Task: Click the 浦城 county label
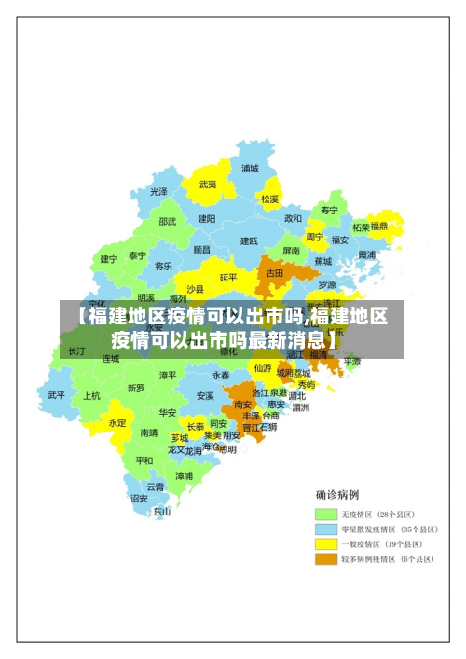(x=250, y=169)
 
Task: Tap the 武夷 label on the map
(x=208, y=185)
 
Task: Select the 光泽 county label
(x=159, y=191)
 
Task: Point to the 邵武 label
(x=168, y=222)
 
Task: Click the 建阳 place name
(x=207, y=218)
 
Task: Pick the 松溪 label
(x=270, y=199)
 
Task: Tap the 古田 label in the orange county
(x=274, y=274)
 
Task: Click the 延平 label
(x=229, y=277)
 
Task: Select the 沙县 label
(x=195, y=289)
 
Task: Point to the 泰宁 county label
(x=138, y=255)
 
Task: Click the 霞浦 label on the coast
(x=366, y=254)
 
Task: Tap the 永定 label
(x=118, y=422)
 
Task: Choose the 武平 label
(x=58, y=394)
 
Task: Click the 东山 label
(x=162, y=511)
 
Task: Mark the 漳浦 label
(x=184, y=475)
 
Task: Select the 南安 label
(x=243, y=405)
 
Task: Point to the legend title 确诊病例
(x=337, y=495)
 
